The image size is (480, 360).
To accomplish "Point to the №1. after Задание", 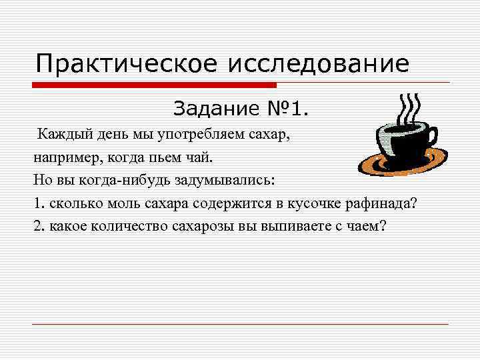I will (289, 107).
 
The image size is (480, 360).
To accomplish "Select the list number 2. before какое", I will (39, 225).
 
